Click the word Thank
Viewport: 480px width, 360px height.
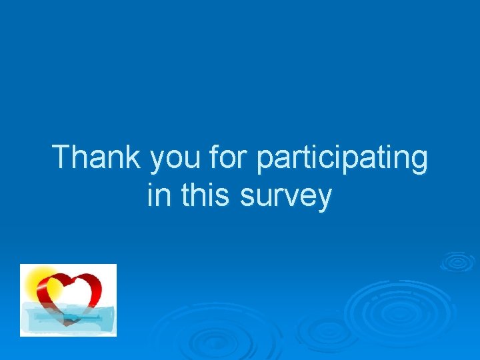tap(97, 158)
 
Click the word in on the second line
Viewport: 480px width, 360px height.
tap(157, 195)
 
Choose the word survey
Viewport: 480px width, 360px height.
tap(286, 197)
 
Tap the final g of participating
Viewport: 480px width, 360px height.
tap(418, 162)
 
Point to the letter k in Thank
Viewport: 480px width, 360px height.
tap(133, 158)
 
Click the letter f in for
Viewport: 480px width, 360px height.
tap(213, 157)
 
